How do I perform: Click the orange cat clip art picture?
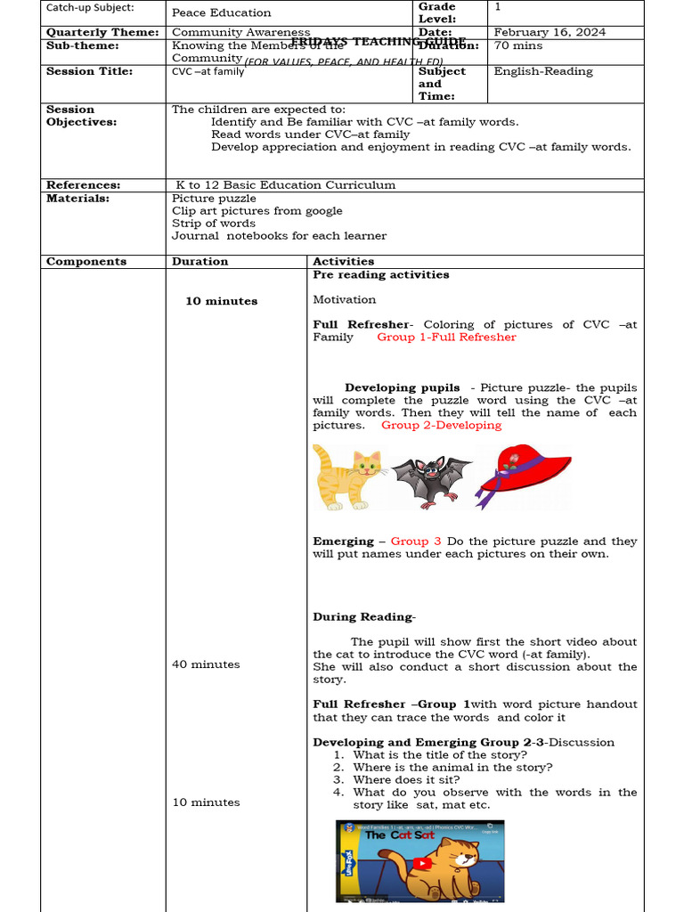coord(348,477)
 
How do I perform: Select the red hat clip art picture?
coord(523,474)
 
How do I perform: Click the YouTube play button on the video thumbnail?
coord(421,862)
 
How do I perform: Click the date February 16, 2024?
coord(550,32)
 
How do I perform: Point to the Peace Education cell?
coord(222,12)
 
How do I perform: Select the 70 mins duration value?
coord(516,45)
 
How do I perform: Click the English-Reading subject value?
coord(543,71)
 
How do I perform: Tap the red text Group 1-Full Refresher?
coord(446,338)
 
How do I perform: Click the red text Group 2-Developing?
coord(441,426)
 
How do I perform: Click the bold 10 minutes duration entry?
coord(221,301)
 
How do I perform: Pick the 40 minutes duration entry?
coord(206,664)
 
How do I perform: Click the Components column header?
coord(86,262)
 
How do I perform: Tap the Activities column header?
coord(344,262)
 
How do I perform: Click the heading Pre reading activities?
coord(381,275)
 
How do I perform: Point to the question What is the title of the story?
coord(439,755)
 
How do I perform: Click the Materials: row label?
coord(77,199)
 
